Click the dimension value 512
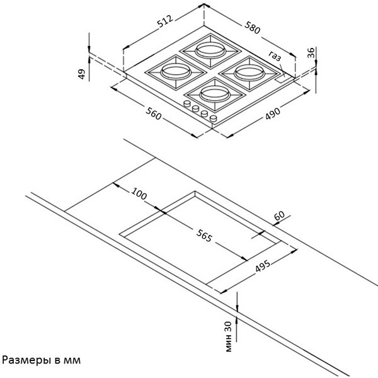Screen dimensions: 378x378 [x=165, y=24]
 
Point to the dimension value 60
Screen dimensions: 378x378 [x=280, y=215]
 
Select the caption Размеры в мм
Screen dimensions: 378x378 [x=42, y=361]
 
